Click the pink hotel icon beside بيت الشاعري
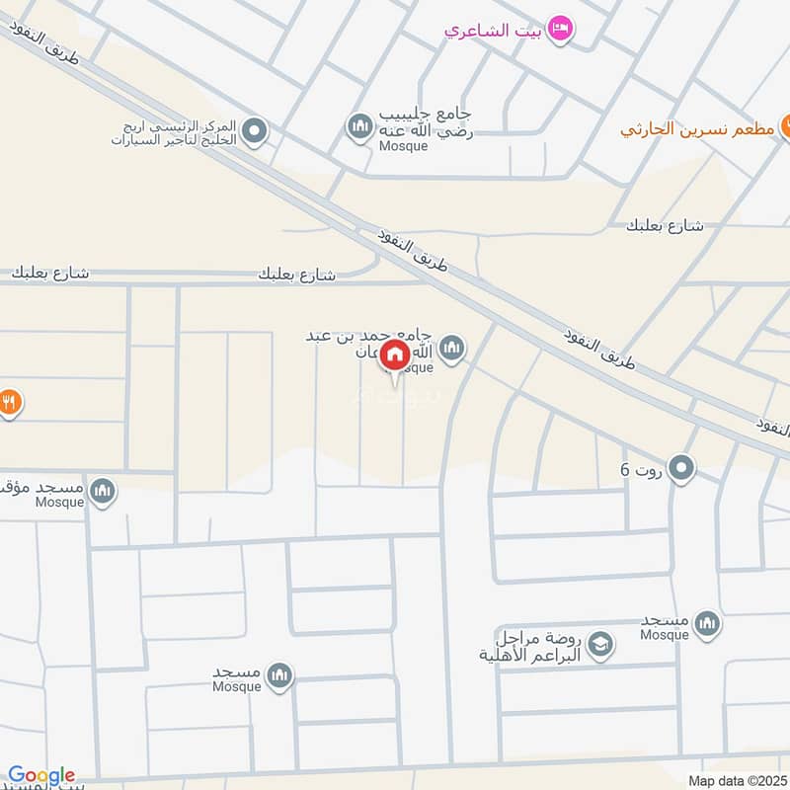pos(560,29)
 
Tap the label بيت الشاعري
pos(493,30)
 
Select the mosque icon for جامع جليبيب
pos(357,125)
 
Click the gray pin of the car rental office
pos(254,131)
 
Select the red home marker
pos(395,355)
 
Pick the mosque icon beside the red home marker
pos(452,348)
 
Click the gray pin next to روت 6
pos(681,468)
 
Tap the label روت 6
pos(638,469)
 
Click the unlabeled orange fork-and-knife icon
pos(8,402)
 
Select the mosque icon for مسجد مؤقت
pos(102,490)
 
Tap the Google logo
pos(41,775)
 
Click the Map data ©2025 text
pos(736,780)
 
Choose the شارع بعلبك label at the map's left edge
pos(51,273)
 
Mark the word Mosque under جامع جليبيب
pos(403,146)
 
